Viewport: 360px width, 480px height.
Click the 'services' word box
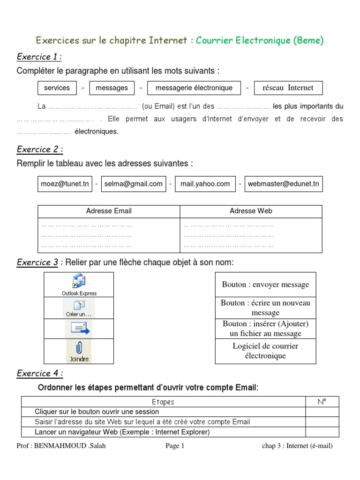point(57,88)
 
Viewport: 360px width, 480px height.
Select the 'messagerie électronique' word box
point(194,88)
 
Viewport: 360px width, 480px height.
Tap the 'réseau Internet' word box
point(288,88)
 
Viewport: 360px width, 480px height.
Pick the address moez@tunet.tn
point(64,184)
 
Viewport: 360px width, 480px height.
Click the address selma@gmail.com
point(133,184)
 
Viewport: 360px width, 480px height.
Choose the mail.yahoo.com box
point(205,184)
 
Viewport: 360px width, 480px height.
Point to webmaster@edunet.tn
point(283,184)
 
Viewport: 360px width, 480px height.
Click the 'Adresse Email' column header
point(109,211)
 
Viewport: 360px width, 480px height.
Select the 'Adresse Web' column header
point(251,211)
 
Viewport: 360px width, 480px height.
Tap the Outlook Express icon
point(79,282)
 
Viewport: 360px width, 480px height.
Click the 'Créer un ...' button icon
point(79,307)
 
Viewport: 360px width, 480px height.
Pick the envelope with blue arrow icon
point(79,328)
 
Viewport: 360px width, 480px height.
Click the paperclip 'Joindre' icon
point(79,350)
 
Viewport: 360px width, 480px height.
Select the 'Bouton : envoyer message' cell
point(265,285)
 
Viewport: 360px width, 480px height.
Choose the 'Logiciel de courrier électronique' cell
point(265,351)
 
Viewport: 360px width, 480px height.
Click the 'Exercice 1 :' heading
point(39,57)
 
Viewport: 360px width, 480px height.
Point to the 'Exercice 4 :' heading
point(40,374)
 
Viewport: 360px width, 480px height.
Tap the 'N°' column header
point(322,402)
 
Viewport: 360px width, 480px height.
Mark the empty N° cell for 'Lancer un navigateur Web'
point(322,432)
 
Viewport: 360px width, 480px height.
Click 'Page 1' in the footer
point(175,446)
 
